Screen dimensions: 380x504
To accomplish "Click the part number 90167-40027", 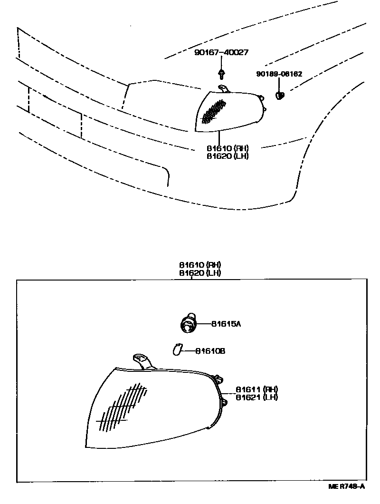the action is (221, 53).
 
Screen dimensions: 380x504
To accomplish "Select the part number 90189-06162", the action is (279, 74).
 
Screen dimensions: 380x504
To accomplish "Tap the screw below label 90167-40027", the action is (221, 73).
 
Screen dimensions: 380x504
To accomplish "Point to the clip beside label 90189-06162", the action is (280, 95).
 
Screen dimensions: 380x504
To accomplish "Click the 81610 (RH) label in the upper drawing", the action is (228, 148).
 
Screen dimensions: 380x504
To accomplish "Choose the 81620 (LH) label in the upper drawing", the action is (228, 155).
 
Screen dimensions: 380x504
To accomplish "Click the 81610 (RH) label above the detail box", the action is (200, 265).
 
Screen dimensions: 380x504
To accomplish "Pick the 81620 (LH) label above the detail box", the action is (200, 273).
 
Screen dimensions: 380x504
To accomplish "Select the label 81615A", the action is (226, 324).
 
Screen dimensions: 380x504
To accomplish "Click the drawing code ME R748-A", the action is (346, 486).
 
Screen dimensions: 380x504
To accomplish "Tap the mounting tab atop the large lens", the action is (142, 360).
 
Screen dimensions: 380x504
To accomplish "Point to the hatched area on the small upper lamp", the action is (214, 111).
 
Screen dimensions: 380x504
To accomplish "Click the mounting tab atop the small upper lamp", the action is (224, 88).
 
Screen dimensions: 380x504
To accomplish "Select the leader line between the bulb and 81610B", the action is (188, 351).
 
